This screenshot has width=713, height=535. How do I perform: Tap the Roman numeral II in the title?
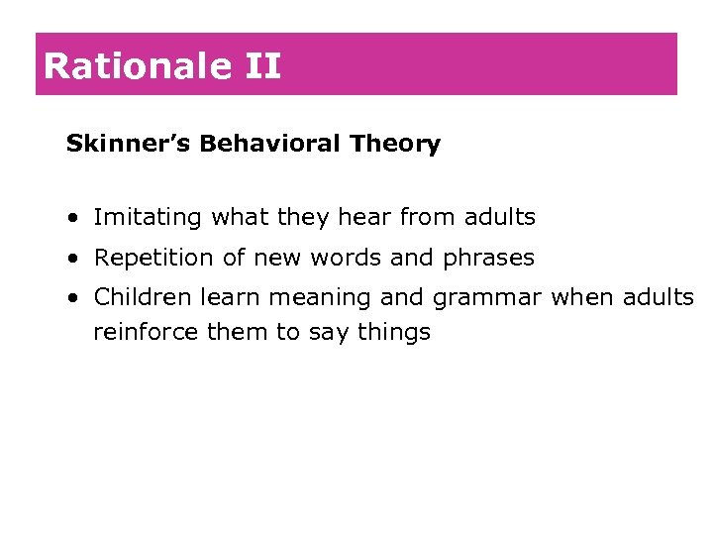(260, 66)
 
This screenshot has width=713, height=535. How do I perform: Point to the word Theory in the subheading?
(395, 145)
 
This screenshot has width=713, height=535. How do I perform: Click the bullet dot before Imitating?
(75, 218)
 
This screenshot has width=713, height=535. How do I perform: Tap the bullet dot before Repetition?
(75, 259)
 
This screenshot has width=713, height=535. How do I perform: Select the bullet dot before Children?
(75, 298)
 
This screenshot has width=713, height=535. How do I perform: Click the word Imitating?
(148, 217)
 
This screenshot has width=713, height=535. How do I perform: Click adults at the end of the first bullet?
(499, 216)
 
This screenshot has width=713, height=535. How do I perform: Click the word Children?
(144, 296)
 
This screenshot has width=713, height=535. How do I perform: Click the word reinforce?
(146, 332)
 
